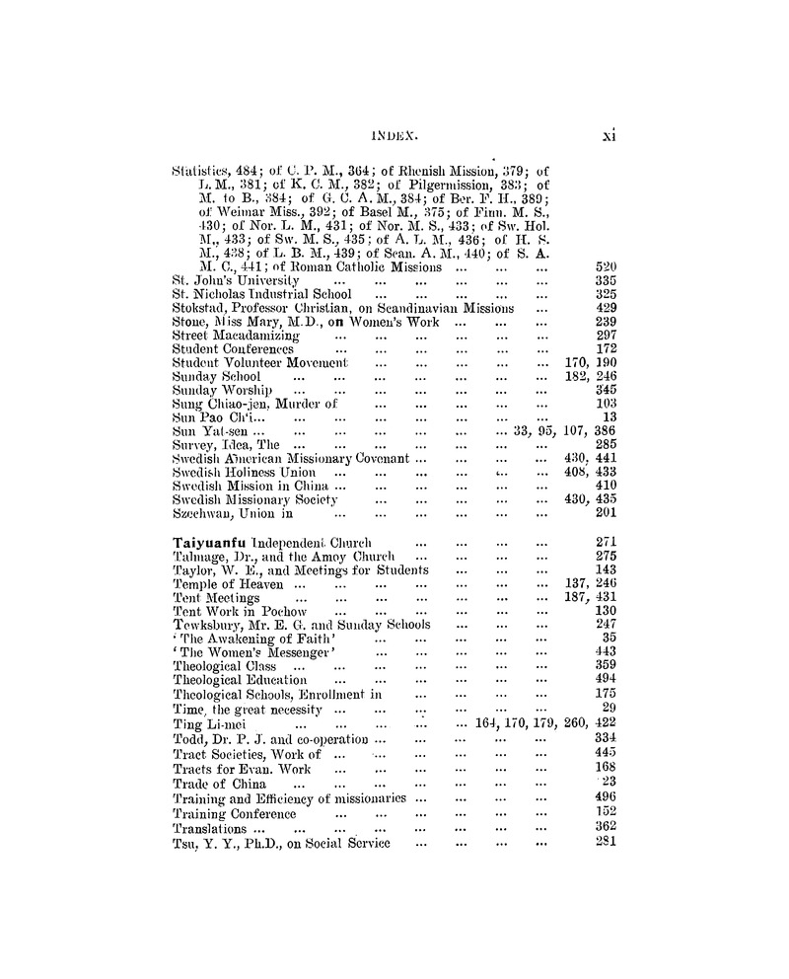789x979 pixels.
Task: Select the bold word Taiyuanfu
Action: coord(211,542)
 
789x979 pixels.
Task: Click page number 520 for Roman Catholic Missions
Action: coord(607,266)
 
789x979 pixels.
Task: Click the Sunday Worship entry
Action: coord(213,391)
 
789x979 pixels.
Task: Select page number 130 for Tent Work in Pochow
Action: coord(607,611)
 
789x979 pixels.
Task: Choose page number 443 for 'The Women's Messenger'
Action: coord(607,652)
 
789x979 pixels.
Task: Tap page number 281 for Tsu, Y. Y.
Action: coord(607,843)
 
